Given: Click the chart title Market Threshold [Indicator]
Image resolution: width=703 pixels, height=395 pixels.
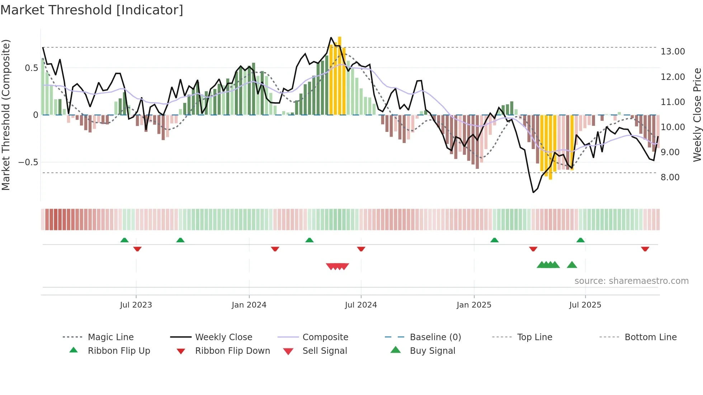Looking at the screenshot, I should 92,10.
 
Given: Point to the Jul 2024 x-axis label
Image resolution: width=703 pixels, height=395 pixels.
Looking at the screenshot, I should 361,305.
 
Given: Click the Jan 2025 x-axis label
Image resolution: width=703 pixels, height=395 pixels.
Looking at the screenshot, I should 474,305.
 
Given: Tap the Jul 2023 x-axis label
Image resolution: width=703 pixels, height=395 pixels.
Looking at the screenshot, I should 136,305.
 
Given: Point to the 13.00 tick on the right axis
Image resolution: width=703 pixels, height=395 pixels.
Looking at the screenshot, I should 673,52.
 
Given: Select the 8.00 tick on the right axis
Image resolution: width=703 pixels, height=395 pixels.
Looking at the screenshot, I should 670,177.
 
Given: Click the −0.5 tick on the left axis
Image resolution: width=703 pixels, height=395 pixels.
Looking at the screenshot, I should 28,162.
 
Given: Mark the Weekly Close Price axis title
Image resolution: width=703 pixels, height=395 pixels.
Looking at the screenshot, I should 697,115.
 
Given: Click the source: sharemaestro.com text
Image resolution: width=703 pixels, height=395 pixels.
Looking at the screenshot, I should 631,281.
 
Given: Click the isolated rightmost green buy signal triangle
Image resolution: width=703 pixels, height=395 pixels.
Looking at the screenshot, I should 572,265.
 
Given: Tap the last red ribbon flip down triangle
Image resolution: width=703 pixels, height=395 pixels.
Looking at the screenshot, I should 645,249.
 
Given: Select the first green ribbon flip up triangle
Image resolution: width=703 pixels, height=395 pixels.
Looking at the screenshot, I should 124,240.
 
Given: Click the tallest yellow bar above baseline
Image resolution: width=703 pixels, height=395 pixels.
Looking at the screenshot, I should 339,75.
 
